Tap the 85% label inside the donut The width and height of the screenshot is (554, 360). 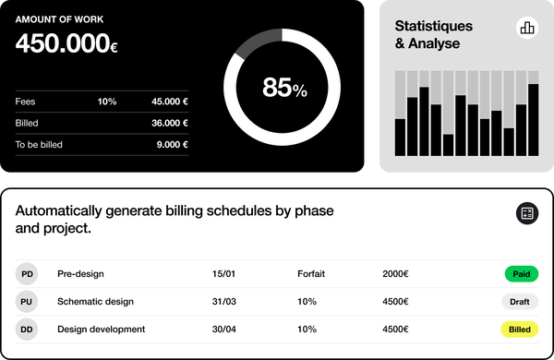pyautogui.click(x=284, y=88)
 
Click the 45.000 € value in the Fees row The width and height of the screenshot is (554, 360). pyautogui.click(x=170, y=102)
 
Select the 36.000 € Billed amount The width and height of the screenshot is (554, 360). pyautogui.click(x=170, y=123)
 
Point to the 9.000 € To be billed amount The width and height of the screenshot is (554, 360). pyautogui.click(x=173, y=144)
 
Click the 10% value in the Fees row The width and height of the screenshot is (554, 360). pyautogui.click(x=107, y=102)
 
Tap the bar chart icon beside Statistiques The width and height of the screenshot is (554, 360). pyautogui.click(x=527, y=28)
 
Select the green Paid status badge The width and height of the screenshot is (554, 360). pyautogui.click(x=520, y=274)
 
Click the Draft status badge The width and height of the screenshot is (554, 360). pyautogui.click(x=520, y=302)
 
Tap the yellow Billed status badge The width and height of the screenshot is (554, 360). pyautogui.click(x=520, y=330)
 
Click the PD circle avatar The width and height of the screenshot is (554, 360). pyautogui.click(x=28, y=274)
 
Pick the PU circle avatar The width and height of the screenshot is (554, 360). pyautogui.click(x=28, y=302)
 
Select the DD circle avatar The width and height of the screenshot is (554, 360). pyautogui.click(x=28, y=330)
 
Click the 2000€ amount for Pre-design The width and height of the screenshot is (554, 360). pyautogui.click(x=395, y=274)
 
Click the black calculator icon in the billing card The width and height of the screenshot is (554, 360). pyautogui.click(x=526, y=214)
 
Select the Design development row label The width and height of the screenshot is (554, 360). pyautogui.click(x=101, y=330)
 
